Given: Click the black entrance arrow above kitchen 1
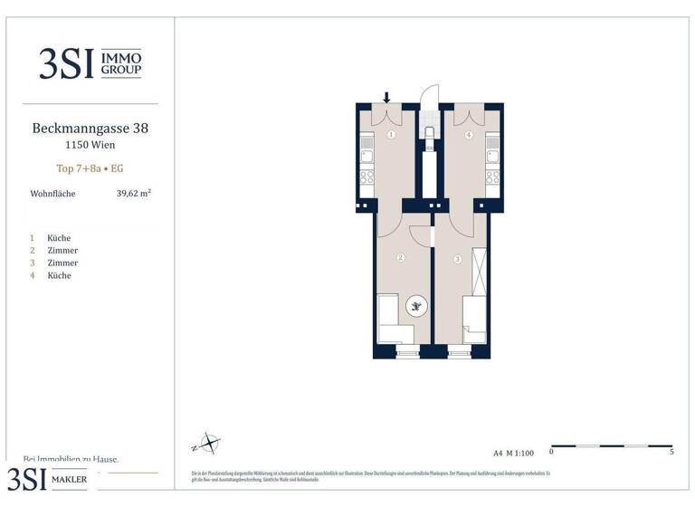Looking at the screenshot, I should [x=387, y=98].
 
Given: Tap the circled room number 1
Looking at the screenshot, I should [x=391, y=135].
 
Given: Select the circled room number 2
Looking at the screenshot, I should [x=400, y=258].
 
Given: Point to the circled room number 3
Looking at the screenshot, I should [x=458, y=260].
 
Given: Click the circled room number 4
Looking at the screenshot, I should [x=468, y=135].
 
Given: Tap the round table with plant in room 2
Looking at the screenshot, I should [x=416, y=308].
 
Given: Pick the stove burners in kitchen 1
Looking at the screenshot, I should [x=367, y=177].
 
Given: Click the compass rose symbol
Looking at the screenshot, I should [x=209, y=444].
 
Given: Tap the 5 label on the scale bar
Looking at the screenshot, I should [x=671, y=451].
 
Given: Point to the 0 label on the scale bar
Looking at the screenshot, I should [x=552, y=451].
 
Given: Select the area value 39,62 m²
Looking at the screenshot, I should [x=133, y=193].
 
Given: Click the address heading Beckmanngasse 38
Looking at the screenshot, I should [x=90, y=129].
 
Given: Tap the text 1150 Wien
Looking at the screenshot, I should [x=90, y=145].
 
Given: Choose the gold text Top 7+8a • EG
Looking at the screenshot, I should [x=90, y=168].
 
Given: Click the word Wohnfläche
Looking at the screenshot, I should [x=53, y=194].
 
